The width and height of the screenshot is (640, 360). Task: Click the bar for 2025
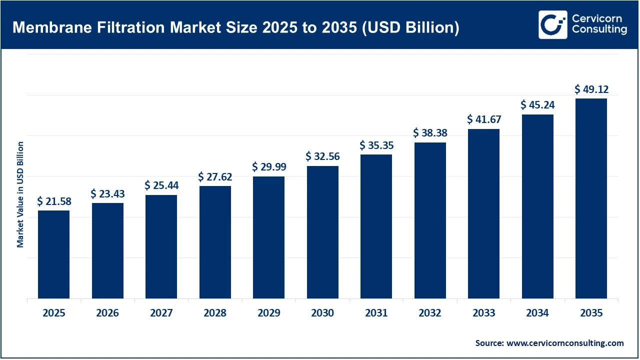pyautogui.click(x=53, y=254)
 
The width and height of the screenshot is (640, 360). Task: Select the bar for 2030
pyautogui.click(x=322, y=232)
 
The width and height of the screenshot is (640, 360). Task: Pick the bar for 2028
pyautogui.click(x=215, y=242)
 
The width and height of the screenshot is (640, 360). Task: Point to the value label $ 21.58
pyautogui.click(x=53, y=202)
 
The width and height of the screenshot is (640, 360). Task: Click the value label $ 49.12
pyautogui.click(x=591, y=89)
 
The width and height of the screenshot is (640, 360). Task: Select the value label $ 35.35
pyautogui.click(x=376, y=146)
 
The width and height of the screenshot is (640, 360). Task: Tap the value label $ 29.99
pyautogui.click(x=268, y=166)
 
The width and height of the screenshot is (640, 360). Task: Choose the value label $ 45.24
pyautogui.click(x=537, y=105)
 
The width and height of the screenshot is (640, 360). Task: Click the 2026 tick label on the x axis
pyautogui.click(x=107, y=313)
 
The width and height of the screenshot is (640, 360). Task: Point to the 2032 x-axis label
pyautogui.click(x=430, y=313)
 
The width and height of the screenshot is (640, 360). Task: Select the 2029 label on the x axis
pyautogui.click(x=268, y=313)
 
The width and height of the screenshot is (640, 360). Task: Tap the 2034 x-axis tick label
pyautogui.click(x=537, y=313)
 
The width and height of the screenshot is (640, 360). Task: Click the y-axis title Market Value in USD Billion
pyautogui.click(x=20, y=194)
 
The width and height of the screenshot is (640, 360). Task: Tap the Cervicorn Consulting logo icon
pyautogui.click(x=552, y=24)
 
